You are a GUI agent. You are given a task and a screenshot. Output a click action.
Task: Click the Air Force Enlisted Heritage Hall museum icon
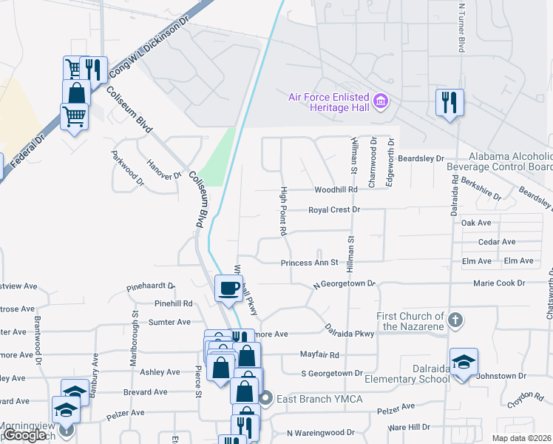(x=381, y=101)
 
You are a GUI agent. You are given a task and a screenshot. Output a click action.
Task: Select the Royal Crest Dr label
(x=333, y=210)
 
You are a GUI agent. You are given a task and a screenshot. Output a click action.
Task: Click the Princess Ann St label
(x=309, y=263)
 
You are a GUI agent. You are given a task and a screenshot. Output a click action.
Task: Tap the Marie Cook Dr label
(x=500, y=283)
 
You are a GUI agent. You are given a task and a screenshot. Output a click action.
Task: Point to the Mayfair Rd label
(x=319, y=355)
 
